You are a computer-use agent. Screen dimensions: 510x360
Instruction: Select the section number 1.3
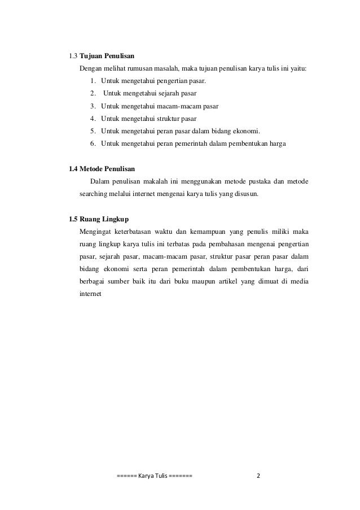73,56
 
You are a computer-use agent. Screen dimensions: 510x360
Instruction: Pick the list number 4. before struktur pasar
93,119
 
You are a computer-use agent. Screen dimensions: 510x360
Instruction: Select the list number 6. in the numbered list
93,144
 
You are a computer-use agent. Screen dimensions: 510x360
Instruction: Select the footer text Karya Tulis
153,475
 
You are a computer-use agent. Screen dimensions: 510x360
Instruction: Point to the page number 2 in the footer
258,475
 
